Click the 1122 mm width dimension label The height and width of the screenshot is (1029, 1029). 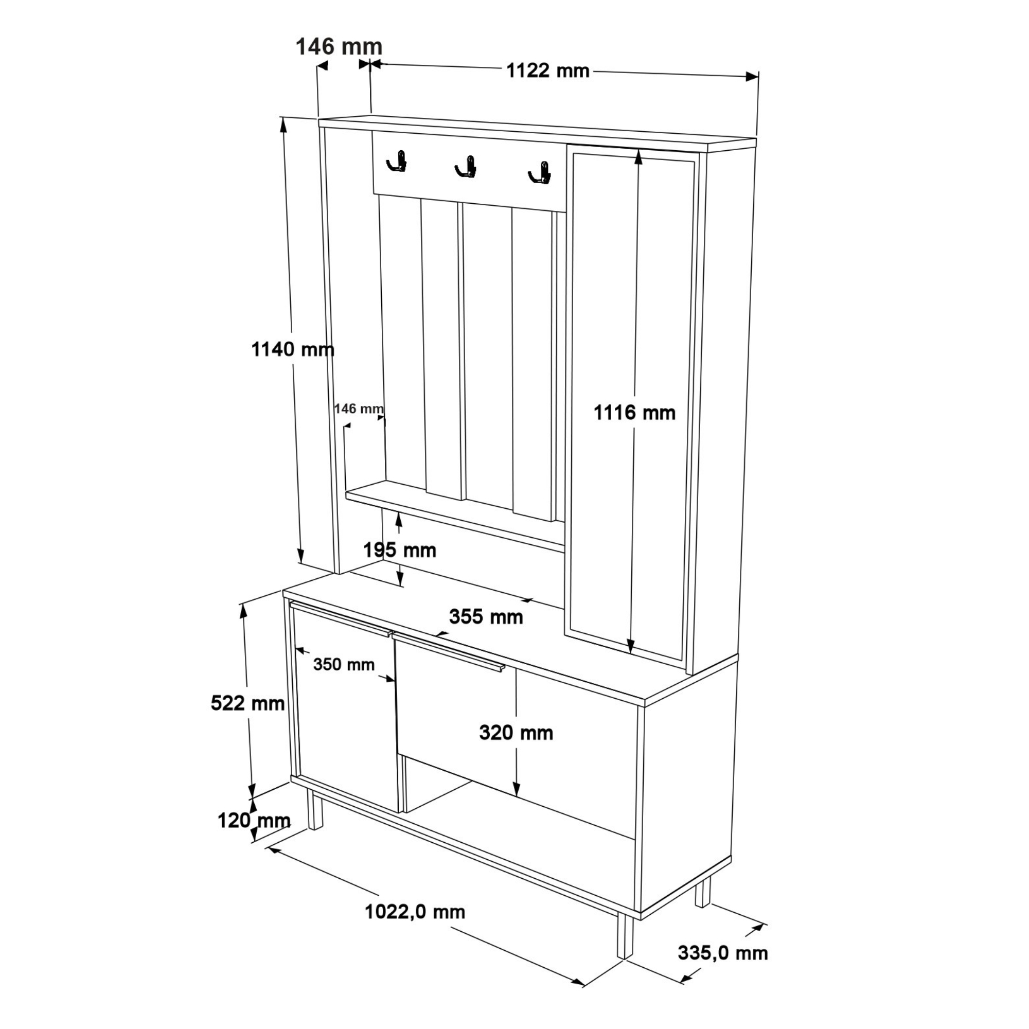click(547, 71)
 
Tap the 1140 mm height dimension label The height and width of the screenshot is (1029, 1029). click(292, 349)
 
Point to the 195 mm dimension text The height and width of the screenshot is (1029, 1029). click(399, 549)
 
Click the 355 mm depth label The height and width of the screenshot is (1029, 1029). click(486, 617)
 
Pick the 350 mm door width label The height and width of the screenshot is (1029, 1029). click(344, 664)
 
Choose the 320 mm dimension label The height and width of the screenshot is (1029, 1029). click(516, 732)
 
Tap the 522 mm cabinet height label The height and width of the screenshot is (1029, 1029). click(247, 703)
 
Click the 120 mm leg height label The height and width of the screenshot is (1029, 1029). click(254, 820)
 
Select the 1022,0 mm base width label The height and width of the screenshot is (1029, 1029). click(415, 912)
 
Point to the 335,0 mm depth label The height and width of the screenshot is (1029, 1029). click(723, 953)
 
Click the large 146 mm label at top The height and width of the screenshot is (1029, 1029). click(339, 47)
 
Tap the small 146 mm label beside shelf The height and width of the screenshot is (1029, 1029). click(359, 409)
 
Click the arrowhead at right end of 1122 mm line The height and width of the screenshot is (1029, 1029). click(752, 77)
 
